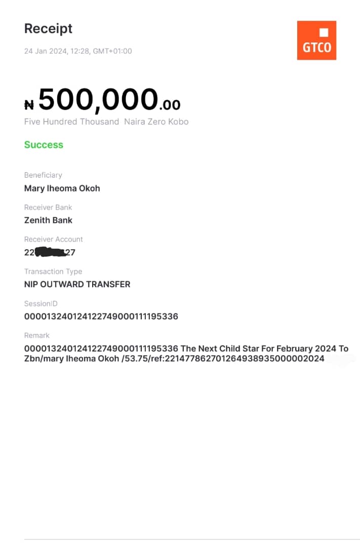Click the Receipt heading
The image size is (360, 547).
click(48, 29)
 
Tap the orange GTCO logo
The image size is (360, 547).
click(316, 41)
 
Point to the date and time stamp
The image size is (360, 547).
click(78, 51)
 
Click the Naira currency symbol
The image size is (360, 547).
click(29, 105)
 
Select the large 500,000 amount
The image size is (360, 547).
click(98, 99)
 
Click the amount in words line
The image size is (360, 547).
click(106, 122)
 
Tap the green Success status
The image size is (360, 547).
click(44, 145)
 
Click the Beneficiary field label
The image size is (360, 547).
click(43, 175)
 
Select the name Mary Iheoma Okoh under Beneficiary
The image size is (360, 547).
click(62, 188)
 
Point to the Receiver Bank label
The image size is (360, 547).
click(48, 207)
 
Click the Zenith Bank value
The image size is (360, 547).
click(48, 220)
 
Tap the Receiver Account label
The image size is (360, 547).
click(53, 239)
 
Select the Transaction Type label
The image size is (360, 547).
click(53, 271)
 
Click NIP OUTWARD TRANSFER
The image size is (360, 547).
click(77, 285)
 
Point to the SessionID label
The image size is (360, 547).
click(41, 303)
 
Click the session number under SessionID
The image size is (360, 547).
click(101, 317)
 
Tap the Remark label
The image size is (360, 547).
click(37, 335)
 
